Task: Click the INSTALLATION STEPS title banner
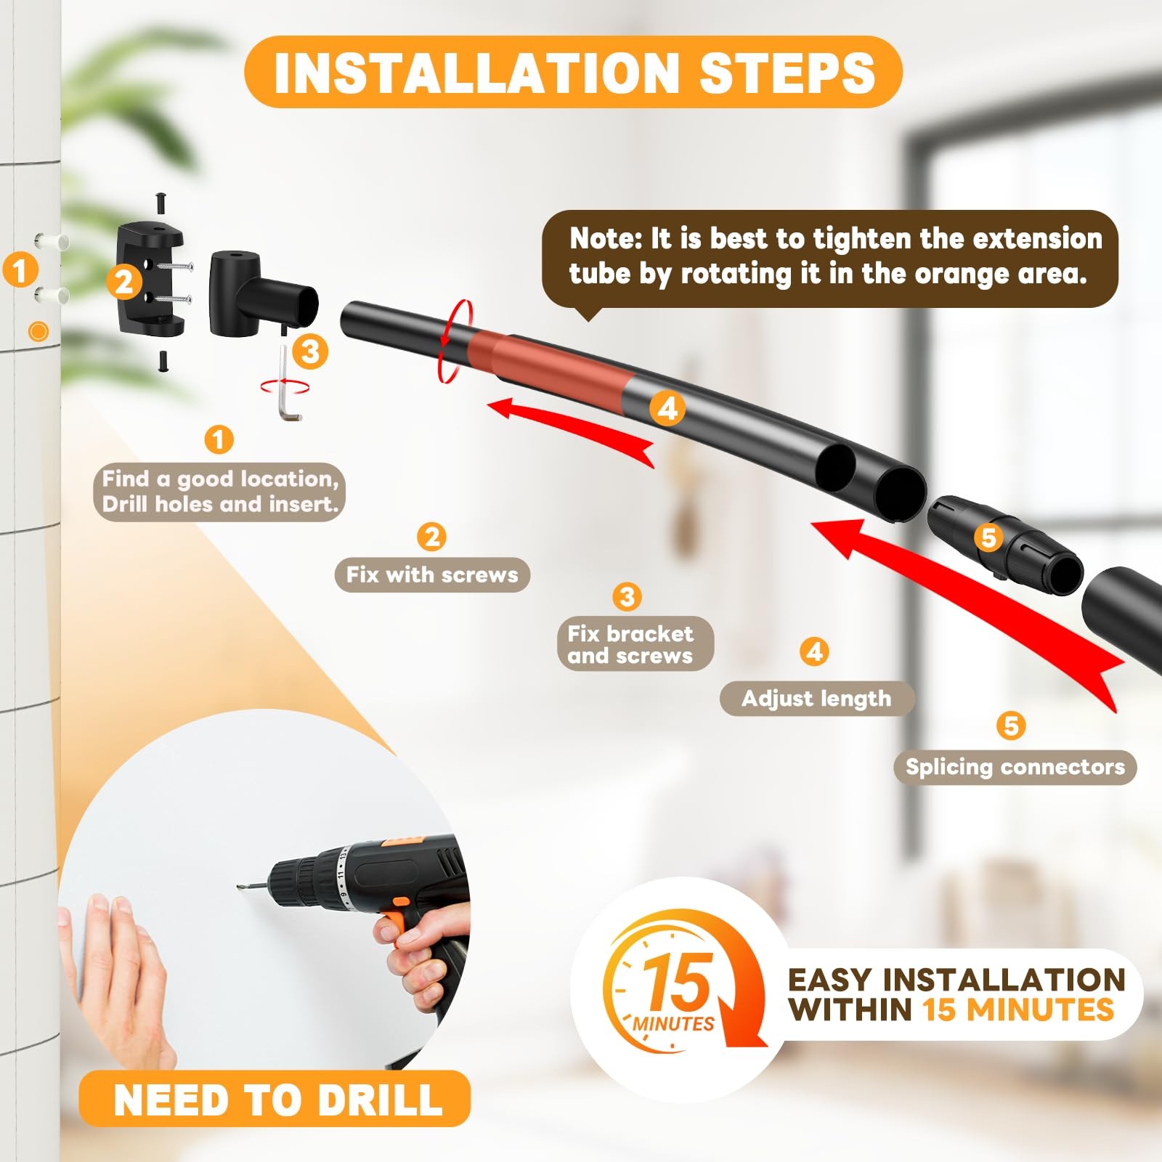click(x=573, y=73)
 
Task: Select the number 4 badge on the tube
click(x=667, y=408)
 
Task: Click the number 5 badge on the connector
click(x=988, y=538)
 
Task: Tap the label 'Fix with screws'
click(x=432, y=575)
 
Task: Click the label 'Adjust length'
click(x=816, y=699)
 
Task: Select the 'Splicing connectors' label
click(x=1015, y=768)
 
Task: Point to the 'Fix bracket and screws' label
click(x=630, y=644)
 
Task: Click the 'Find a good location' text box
click(x=219, y=492)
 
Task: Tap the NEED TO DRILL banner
click(x=276, y=1100)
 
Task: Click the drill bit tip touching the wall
click(x=240, y=886)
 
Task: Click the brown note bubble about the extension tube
click(x=829, y=258)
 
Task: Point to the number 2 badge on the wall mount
click(x=124, y=282)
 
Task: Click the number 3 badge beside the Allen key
click(x=310, y=352)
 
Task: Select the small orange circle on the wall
click(x=38, y=332)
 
